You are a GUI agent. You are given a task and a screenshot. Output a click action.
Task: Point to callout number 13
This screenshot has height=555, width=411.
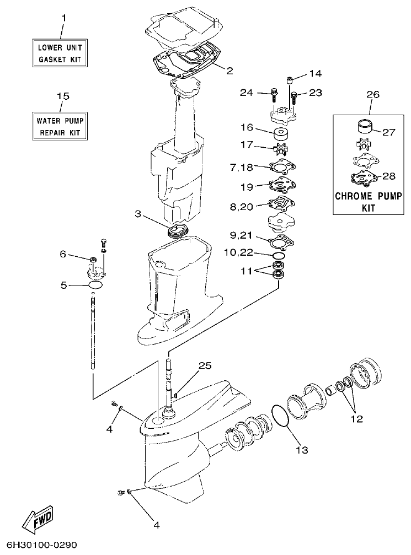(x=301, y=449)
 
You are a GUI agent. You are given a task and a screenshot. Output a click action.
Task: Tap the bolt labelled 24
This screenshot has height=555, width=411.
(x=274, y=94)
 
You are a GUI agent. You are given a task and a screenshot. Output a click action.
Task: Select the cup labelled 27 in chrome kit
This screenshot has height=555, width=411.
(x=363, y=126)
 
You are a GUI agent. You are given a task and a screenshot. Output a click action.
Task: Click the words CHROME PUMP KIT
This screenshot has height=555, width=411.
(x=369, y=202)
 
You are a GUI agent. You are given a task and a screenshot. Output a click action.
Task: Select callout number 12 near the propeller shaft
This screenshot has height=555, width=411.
(x=356, y=419)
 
